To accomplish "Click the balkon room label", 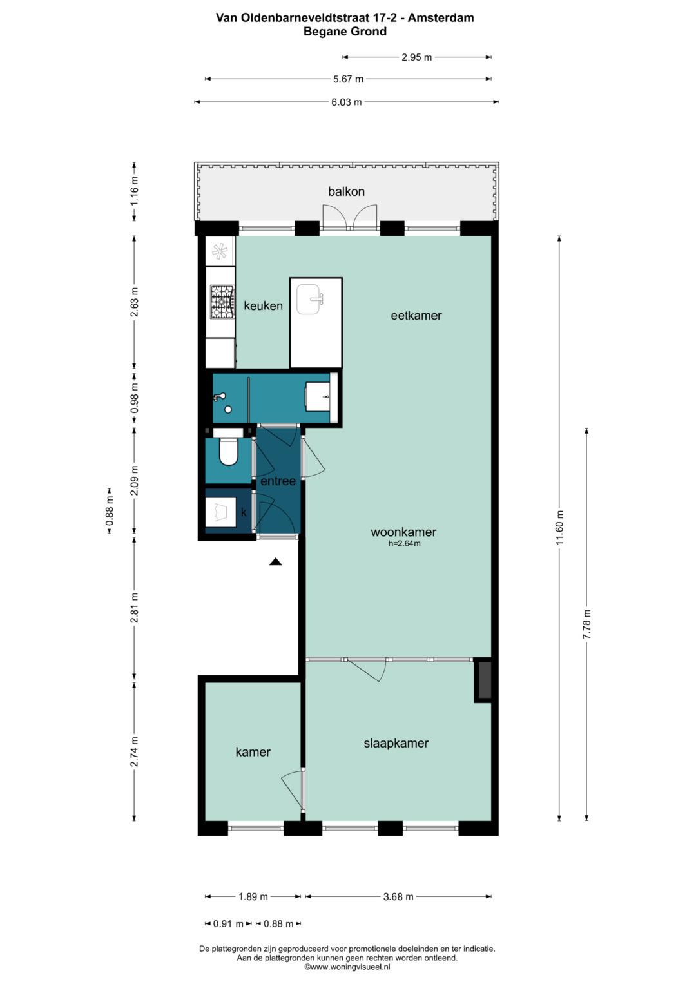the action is [346, 191].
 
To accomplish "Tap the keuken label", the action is [263, 305].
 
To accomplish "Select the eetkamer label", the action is [416, 315].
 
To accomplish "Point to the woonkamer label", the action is [403, 532].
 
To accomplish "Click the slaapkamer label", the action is [396, 743].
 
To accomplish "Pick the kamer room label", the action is [253, 751].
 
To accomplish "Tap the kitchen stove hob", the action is [222, 302].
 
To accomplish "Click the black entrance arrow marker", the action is [276, 561].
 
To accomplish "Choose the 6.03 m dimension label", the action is [346, 102].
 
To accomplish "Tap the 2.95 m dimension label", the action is [416, 57].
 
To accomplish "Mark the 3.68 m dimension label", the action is [398, 896].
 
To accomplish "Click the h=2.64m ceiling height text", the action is [404, 543].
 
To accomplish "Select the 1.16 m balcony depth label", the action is [135, 191].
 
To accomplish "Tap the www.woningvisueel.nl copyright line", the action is [347, 967].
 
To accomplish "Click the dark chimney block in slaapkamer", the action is [483, 680].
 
